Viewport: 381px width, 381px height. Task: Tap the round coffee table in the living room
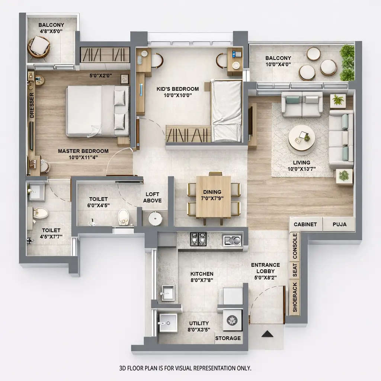[x=301, y=138]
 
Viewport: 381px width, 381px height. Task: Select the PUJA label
[x=339, y=224]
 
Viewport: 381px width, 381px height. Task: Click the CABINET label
[x=305, y=224]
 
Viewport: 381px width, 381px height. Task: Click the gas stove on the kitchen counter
[x=198, y=239]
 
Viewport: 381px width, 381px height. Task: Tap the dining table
[x=213, y=196]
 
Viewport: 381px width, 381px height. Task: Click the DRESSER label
[x=32, y=105]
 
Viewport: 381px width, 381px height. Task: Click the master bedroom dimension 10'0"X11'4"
[x=83, y=158]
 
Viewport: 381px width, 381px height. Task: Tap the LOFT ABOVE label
[x=153, y=198]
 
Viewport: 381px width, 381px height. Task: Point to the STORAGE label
[x=228, y=338]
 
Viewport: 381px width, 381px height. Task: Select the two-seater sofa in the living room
[x=302, y=103]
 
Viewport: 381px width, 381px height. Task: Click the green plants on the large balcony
[x=348, y=62]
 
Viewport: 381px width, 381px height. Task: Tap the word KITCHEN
[x=202, y=274]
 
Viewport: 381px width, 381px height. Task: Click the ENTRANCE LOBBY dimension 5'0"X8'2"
[x=265, y=277]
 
